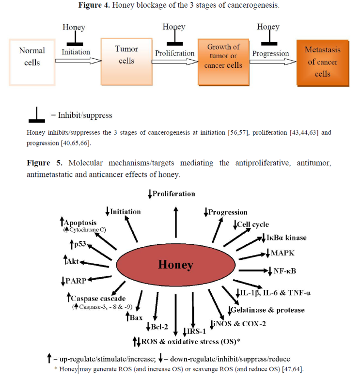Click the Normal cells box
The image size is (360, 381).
[32, 63]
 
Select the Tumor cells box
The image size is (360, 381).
[126, 62]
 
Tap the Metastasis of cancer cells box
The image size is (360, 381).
[323, 63]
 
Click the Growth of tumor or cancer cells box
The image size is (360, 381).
[223, 62]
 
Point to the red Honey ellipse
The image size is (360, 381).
[175, 265]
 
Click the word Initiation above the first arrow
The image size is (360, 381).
[76, 52]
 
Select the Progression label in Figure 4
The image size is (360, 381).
[271, 53]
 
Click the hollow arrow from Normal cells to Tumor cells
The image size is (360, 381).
[78, 61]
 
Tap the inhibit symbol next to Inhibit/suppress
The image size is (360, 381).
[37, 114]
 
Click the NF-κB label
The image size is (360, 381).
[285, 271]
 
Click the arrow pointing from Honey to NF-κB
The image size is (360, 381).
[253, 270]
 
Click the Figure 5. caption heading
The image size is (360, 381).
[45, 163]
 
